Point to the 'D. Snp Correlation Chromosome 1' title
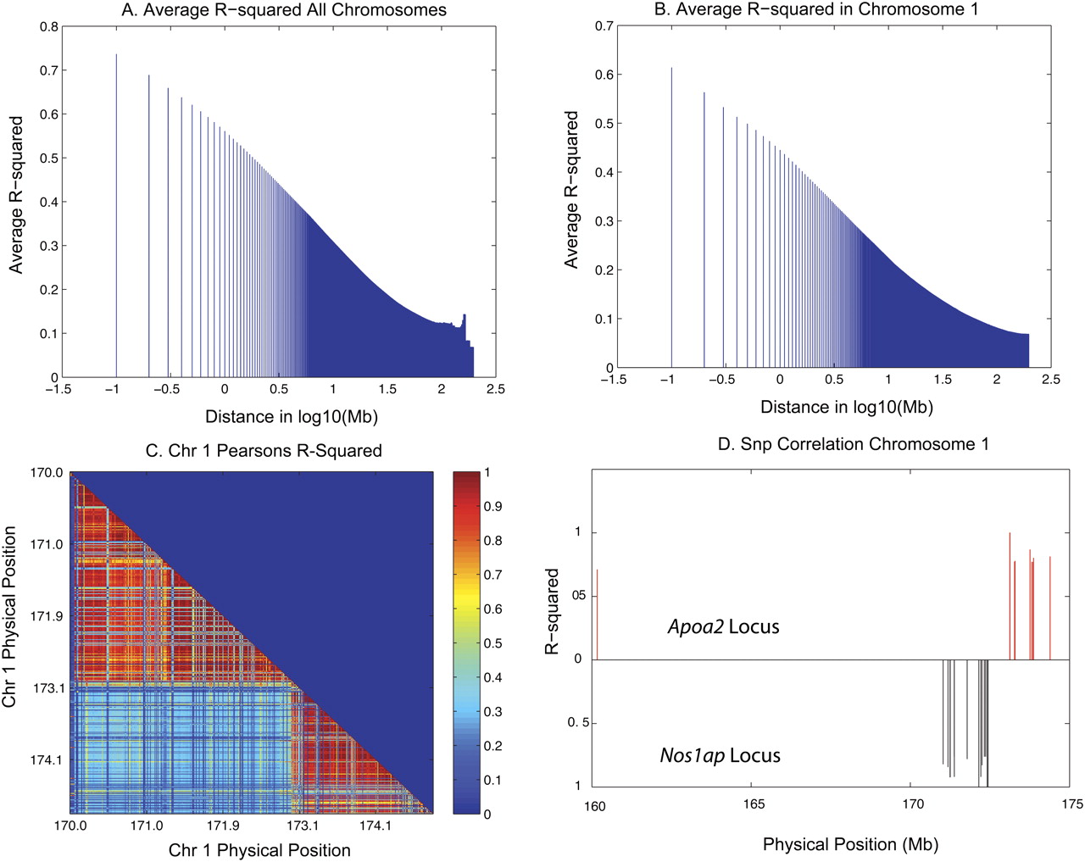pyautogui.click(x=853, y=443)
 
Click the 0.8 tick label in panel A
pyautogui.click(x=49, y=26)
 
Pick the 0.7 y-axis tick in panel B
pyautogui.click(x=604, y=26)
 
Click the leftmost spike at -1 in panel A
pyautogui.click(x=116, y=212)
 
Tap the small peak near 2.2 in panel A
pyautogui.click(x=465, y=320)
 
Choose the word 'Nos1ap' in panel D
pyautogui.click(x=691, y=755)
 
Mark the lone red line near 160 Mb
pyautogui.click(x=597, y=614)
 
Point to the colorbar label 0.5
pyautogui.click(x=492, y=643)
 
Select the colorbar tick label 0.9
pyautogui.click(x=492, y=506)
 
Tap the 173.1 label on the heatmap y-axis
pyautogui.click(x=48, y=688)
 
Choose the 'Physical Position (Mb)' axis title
pyautogui.click(x=850, y=844)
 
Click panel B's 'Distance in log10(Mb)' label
pyautogui.click(x=846, y=407)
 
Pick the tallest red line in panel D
pyautogui.click(x=1010, y=593)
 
